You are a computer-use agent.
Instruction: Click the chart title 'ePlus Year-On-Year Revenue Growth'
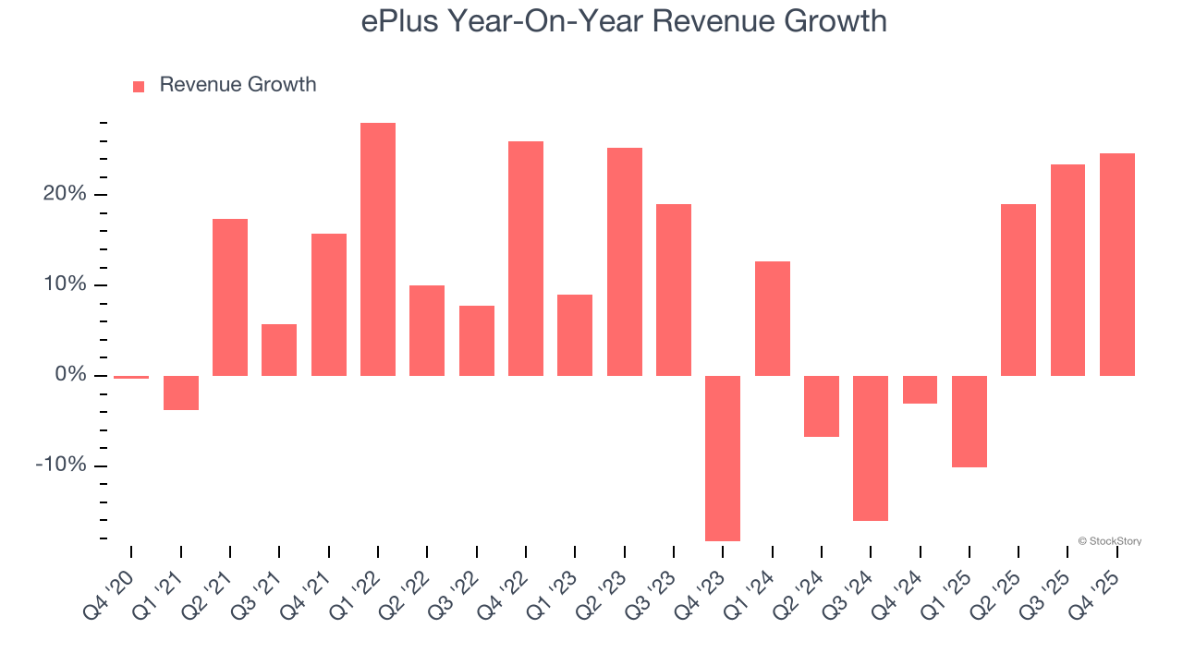624,21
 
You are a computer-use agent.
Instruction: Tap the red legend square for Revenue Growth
139,86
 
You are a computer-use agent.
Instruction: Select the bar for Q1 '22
378,249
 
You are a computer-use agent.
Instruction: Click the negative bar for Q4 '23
723,458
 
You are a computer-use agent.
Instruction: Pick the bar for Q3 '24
871,448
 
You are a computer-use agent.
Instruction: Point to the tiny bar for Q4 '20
131,377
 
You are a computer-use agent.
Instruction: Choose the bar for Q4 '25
1117,264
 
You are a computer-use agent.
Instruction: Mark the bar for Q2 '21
230,297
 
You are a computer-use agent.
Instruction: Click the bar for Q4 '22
526,259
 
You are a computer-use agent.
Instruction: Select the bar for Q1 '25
970,421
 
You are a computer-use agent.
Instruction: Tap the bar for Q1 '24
773,319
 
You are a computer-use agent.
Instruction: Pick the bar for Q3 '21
279,350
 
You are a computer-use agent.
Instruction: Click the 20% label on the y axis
64,194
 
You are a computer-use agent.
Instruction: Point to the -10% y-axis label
61,465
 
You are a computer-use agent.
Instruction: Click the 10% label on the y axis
64,284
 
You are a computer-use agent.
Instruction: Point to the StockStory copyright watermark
1109,541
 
